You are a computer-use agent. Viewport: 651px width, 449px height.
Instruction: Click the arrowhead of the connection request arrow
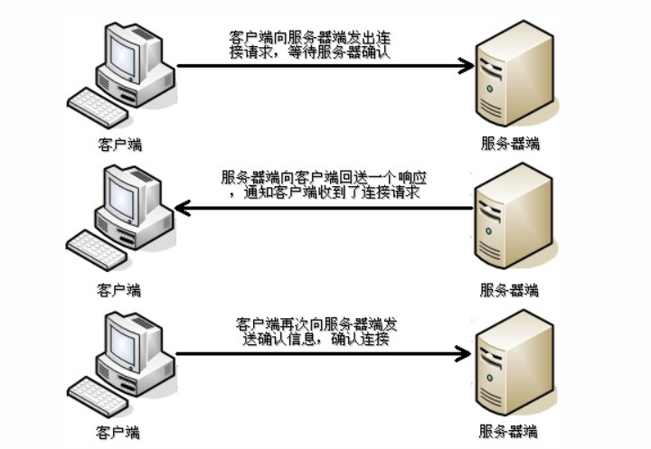466,66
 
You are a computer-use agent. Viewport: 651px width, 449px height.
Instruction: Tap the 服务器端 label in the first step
509,145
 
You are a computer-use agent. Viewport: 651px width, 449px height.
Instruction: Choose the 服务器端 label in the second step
509,291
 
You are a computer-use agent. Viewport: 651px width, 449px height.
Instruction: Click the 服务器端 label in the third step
509,433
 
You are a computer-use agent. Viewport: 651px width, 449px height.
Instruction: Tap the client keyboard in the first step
98,107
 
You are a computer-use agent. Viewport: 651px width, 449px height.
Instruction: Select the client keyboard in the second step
98,249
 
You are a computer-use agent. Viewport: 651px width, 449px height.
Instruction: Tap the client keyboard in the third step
98,394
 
